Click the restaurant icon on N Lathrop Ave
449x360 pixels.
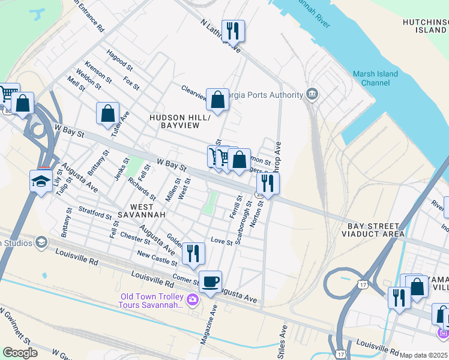(x=232, y=30)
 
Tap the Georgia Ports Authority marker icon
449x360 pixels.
(x=312, y=94)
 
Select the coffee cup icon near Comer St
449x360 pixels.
(x=210, y=281)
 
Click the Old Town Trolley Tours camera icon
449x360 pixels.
(x=193, y=299)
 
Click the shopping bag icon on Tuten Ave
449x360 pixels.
(x=107, y=113)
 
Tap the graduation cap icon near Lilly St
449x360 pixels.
(x=41, y=180)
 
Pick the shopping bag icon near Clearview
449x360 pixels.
(x=217, y=99)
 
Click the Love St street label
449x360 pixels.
(x=221, y=241)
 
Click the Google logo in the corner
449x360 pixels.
(x=20, y=353)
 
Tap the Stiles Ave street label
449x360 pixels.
(x=283, y=340)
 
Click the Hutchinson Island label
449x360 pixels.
(x=425, y=25)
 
